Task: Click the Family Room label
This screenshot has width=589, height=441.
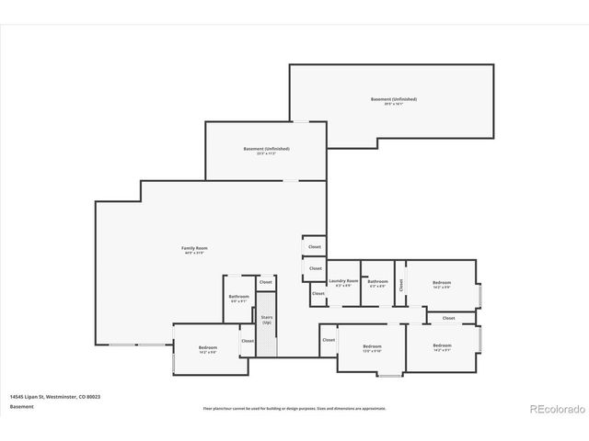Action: coord(194,248)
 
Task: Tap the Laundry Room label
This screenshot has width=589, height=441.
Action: coord(343,280)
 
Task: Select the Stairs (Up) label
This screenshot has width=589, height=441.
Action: coord(267,319)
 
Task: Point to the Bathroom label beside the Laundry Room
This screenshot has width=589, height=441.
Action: coord(377,280)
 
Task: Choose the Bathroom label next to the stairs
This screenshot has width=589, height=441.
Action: coord(239,296)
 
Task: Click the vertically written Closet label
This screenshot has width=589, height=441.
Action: coord(401,285)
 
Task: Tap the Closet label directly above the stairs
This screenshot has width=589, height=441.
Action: coord(266,282)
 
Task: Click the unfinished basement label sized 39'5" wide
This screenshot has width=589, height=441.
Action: coord(394,98)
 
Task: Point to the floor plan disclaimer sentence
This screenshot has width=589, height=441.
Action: coord(294,408)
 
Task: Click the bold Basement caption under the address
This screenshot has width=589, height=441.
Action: coord(21,406)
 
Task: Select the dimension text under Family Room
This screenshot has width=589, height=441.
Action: coord(194,254)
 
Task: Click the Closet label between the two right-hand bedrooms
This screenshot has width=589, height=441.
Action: coord(448,318)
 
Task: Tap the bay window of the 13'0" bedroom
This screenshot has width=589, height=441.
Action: coord(390,374)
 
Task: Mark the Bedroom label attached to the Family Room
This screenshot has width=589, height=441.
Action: coord(208,346)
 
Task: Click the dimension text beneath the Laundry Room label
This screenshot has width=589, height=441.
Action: coord(343,286)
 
